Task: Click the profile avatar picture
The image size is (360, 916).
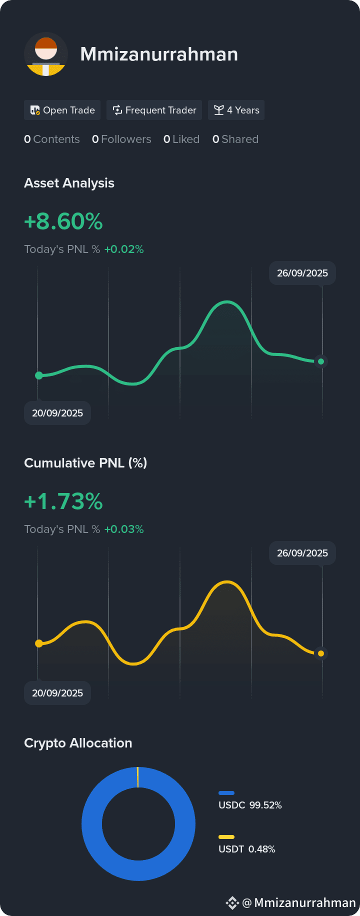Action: [46, 54]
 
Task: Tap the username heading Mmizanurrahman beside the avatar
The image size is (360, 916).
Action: [159, 54]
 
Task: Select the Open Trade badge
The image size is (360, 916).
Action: [62, 110]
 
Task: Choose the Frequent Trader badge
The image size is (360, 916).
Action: [154, 110]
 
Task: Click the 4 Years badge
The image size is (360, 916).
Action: [236, 110]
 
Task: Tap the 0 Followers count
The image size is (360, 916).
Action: [121, 139]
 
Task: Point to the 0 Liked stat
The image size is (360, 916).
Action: [181, 139]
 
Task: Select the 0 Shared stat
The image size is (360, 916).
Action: [235, 139]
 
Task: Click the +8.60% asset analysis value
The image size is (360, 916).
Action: [63, 221]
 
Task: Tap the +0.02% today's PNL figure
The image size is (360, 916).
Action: [124, 249]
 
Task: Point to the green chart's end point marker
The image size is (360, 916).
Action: [321, 361]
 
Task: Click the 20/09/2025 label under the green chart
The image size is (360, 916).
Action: [57, 413]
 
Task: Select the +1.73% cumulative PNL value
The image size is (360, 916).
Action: [63, 501]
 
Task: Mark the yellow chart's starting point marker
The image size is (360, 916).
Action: [39, 643]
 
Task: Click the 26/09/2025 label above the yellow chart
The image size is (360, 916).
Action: [302, 553]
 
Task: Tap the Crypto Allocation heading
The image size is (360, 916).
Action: [78, 743]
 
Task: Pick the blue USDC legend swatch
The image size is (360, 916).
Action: [226, 793]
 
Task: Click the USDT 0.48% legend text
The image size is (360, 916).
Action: [247, 849]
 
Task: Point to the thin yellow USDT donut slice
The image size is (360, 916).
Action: [137, 777]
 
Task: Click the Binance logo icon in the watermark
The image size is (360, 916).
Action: [232, 902]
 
